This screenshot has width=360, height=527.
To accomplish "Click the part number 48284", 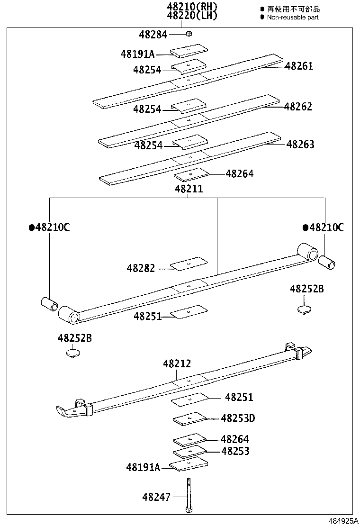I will pyautogui.click(x=154, y=34).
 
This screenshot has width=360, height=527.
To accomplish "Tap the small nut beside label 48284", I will pyautogui.click(x=189, y=34).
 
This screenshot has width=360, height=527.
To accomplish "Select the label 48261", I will pyautogui.click(x=299, y=66).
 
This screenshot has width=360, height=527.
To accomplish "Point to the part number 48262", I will pyautogui.click(x=298, y=107).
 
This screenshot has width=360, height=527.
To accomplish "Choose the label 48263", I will pyautogui.click(x=300, y=144).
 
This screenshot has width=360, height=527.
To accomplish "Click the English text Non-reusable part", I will pyautogui.click(x=292, y=17).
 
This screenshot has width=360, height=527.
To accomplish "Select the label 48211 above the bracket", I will pyautogui.click(x=189, y=189).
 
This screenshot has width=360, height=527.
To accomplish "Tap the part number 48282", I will pyautogui.click(x=141, y=268).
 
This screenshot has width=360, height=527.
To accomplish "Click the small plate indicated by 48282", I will pyautogui.click(x=189, y=263).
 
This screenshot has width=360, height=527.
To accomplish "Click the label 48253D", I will pyautogui.click(x=238, y=418).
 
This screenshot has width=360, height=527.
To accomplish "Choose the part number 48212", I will pyautogui.click(x=177, y=363).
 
